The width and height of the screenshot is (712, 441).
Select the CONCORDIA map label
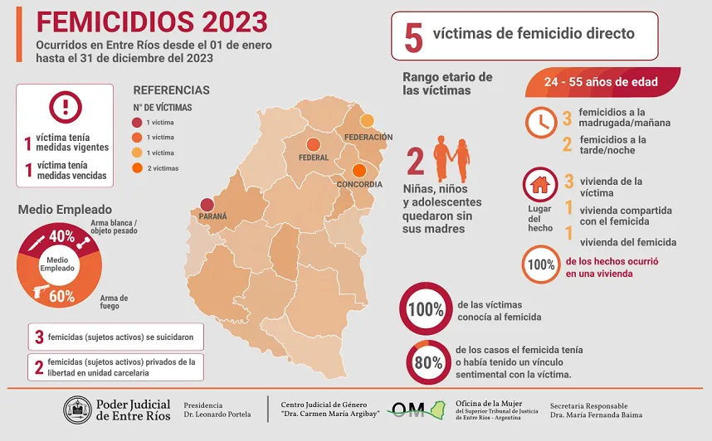(x=359, y=184)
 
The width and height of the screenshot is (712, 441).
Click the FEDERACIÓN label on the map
(x=368, y=137)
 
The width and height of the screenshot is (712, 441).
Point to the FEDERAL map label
(x=314, y=157)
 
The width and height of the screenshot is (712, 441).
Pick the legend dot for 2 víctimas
(x=137, y=167)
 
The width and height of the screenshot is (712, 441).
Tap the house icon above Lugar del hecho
(x=539, y=183)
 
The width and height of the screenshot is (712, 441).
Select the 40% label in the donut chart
(x=61, y=236)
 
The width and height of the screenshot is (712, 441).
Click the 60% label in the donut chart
(x=61, y=296)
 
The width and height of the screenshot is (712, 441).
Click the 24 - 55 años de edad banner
(x=602, y=82)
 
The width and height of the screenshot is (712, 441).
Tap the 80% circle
(x=428, y=362)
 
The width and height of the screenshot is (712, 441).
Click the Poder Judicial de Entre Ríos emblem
(x=78, y=409)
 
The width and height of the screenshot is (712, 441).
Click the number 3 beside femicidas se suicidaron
(x=39, y=337)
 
